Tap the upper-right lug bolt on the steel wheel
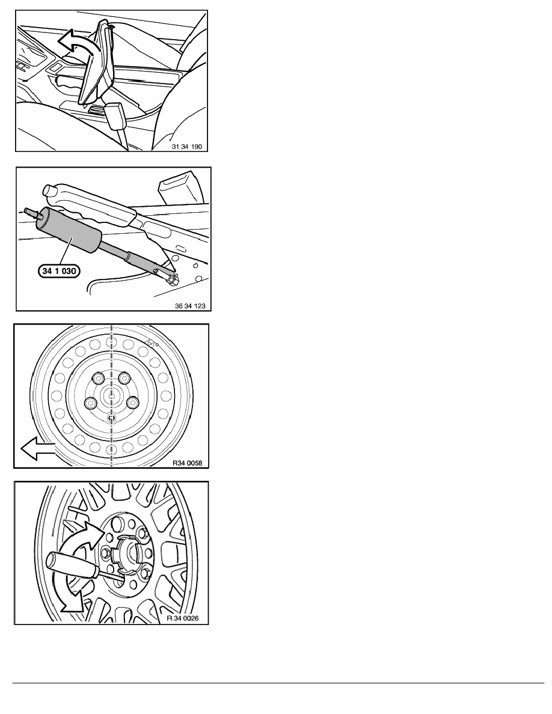tap(125, 378)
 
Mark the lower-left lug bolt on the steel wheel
tap(91, 403)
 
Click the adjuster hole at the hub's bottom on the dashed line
tap(112, 418)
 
